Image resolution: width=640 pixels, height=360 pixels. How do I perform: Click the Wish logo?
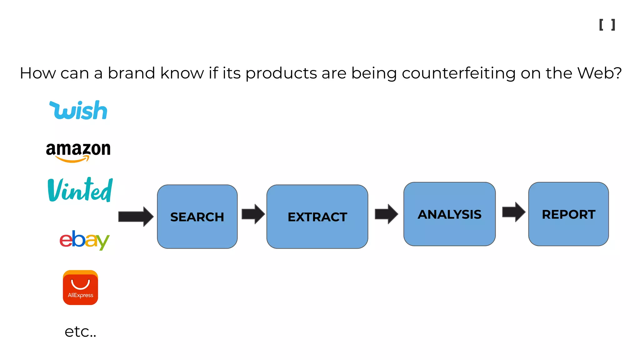click(x=78, y=110)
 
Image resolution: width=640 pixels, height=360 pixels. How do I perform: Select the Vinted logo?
click(x=80, y=190)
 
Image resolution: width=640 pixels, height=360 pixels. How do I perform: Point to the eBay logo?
click(x=84, y=240)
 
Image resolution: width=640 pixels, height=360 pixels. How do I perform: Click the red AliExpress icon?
click(x=80, y=287)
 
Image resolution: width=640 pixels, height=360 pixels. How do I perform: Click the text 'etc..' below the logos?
click(x=80, y=332)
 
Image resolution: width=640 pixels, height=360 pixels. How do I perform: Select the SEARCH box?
click(x=197, y=217)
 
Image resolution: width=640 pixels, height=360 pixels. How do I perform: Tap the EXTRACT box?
click(x=317, y=217)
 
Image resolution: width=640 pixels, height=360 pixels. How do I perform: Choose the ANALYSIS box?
click(x=449, y=214)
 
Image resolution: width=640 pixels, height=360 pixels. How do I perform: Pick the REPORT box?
click(x=568, y=214)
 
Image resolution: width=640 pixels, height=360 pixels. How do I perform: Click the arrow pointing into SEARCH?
click(x=136, y=217)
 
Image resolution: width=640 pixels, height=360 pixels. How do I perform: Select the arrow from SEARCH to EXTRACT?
click(x=253, y=214)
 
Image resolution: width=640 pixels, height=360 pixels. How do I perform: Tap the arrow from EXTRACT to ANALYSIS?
click(x=386, y=214)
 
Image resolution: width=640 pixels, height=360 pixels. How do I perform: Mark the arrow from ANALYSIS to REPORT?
click(x=513, y=212)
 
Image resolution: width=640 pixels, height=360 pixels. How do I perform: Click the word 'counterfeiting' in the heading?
click(x=458, y=73)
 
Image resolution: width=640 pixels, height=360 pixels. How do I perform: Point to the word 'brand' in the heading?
click(x=131, y=73)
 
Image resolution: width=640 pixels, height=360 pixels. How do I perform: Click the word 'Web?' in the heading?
click(x=599, y=73)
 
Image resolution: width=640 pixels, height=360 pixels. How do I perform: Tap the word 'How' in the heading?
click(x=37, y=73)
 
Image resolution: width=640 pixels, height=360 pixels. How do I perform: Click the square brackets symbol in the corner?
click(x=607, y=25)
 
